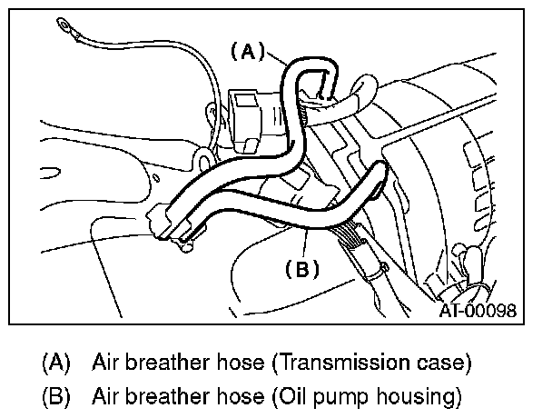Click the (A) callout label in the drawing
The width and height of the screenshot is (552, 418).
pyautogui.click(x=246, y=52)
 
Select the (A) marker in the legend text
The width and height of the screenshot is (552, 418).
pyautogui.click(x=56, y=363)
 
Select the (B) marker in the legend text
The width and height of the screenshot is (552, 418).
pyautogui.click(x=56, y=396)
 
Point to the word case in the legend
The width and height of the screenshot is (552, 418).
pyautogui.click(x=442, y=363)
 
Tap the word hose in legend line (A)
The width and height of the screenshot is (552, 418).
pyautogui.click(x=240, y=363)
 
